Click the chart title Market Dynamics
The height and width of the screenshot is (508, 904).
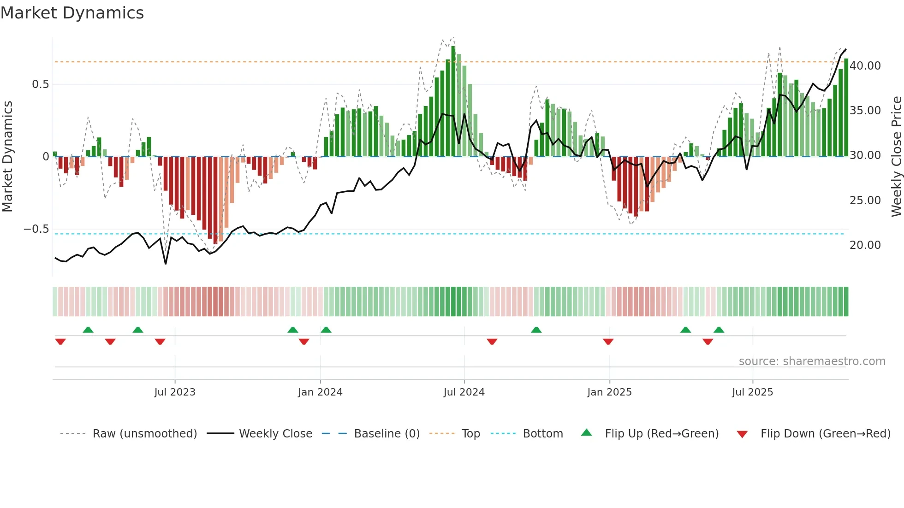(72, 13)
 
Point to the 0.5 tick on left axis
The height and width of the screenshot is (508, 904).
(40, 84)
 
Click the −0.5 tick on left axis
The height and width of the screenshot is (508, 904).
(36, 229)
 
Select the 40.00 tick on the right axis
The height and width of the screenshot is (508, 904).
(865, 66)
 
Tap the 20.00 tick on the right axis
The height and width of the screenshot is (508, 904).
(865, 245)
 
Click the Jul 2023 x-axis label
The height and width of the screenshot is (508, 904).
(175, 392)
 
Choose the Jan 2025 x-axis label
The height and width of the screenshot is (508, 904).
(609, 392)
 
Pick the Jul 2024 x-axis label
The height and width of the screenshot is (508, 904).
(464, 392)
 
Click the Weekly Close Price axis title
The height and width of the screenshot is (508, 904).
(896, 157)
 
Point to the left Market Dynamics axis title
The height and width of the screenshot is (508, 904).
(7, 157)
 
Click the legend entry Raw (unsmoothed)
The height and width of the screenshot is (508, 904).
(144, 434)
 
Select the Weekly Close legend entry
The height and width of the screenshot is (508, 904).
(275, 434)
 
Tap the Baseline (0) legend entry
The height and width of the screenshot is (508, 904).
(387, 434)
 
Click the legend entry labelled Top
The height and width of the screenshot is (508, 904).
(470, 434)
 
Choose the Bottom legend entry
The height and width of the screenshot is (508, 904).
(542, 434)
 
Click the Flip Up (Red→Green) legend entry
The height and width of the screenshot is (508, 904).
(661, 434)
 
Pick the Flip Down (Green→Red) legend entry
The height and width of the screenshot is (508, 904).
(825, 434)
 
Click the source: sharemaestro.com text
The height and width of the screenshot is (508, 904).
(812, 361)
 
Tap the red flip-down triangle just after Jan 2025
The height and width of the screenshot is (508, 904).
(608, 342)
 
